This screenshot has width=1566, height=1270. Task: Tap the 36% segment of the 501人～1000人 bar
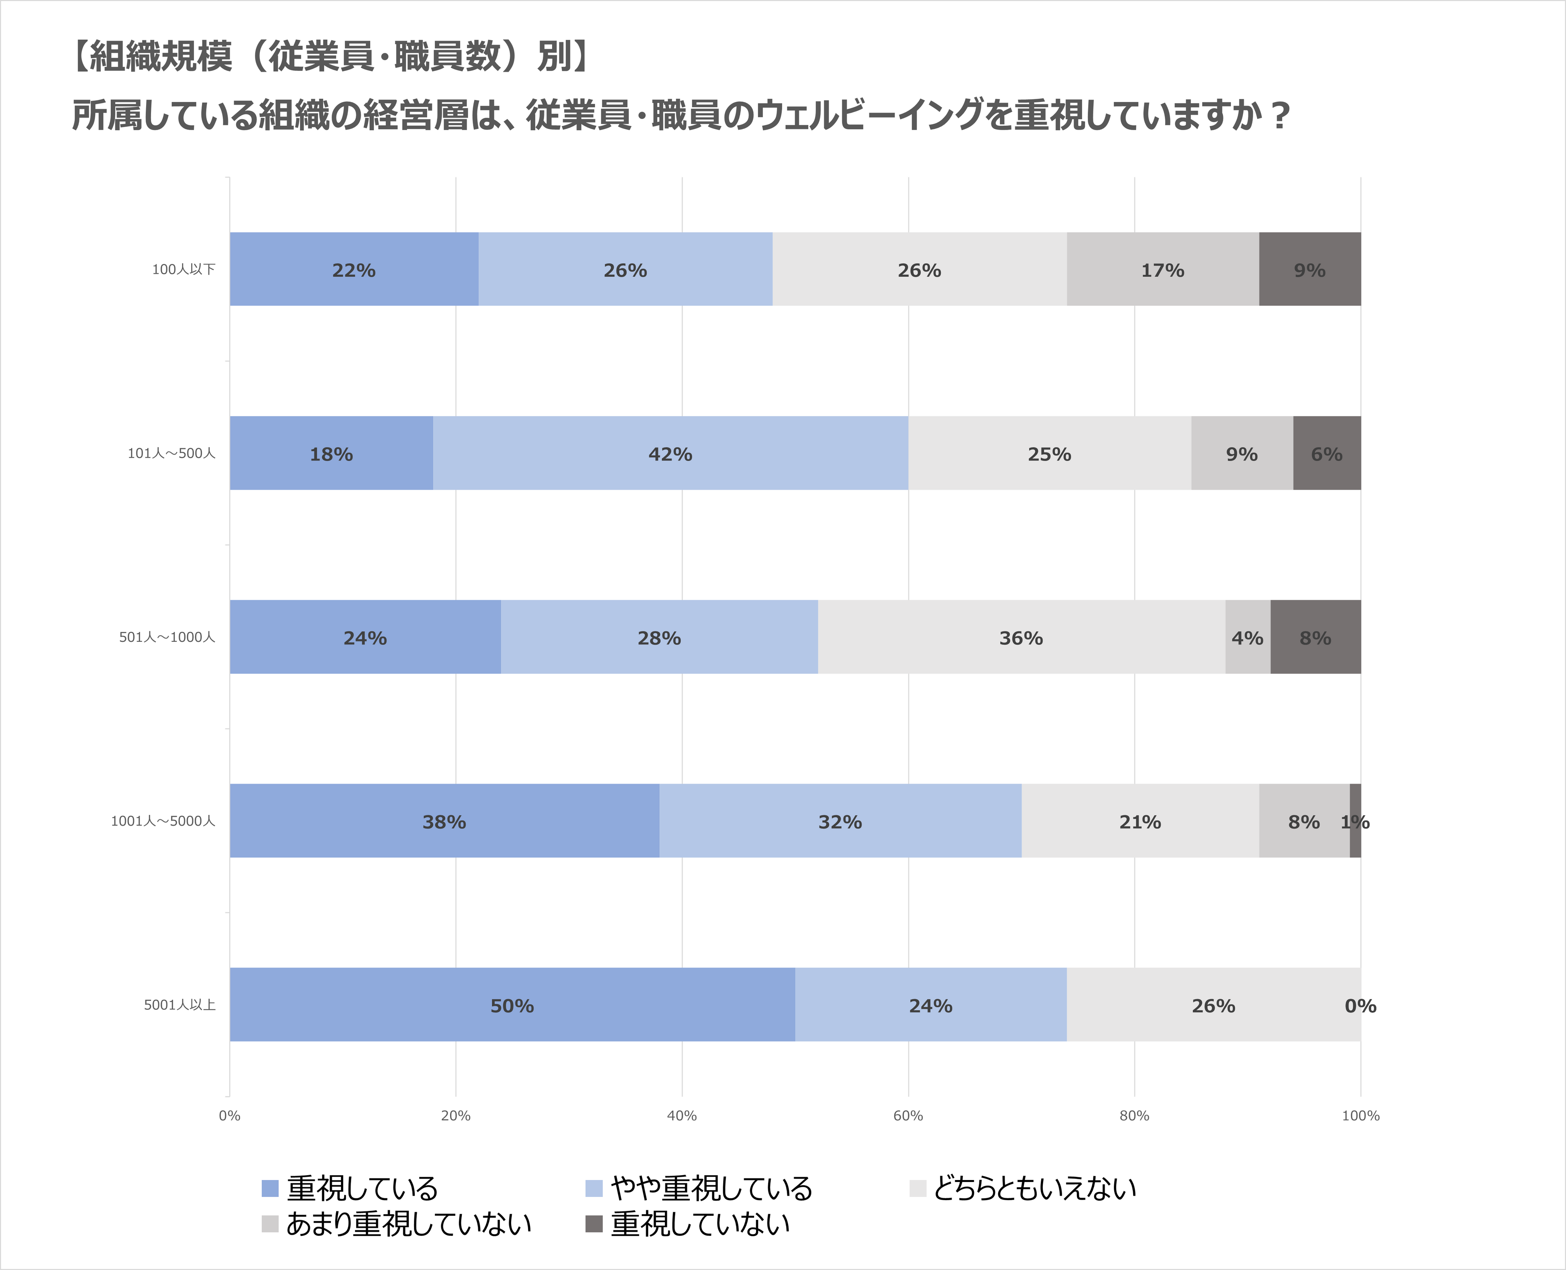point(1021,637)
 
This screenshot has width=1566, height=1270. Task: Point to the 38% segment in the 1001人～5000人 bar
point(444,821)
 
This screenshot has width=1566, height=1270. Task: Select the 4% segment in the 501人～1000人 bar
point(1247,637)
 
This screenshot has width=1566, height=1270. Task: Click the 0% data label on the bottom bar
point(1360,1006)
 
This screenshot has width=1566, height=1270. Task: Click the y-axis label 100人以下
point(184,269)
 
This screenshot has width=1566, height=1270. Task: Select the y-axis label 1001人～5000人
point(163,821)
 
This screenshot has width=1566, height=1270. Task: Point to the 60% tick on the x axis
point(908,1116)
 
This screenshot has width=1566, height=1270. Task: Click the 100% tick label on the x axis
point(1360,1116)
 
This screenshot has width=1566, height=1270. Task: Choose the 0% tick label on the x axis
point(230,1116)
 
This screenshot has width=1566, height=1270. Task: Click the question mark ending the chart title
point(1279,116)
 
